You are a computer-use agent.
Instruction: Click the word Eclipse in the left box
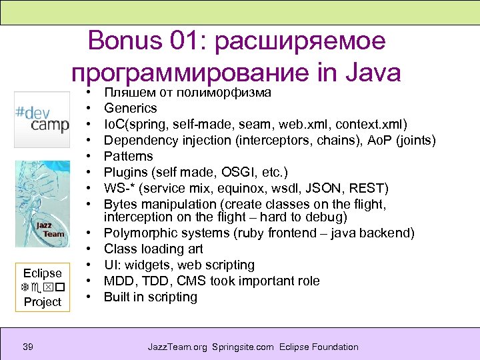[x=42, y=273]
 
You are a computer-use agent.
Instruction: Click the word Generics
[x=131, y=108]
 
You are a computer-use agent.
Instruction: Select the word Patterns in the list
[x=129, y=157]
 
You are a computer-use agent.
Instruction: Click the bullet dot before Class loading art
[x=88, y=249]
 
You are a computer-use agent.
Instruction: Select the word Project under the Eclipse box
[x=42, y=302]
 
